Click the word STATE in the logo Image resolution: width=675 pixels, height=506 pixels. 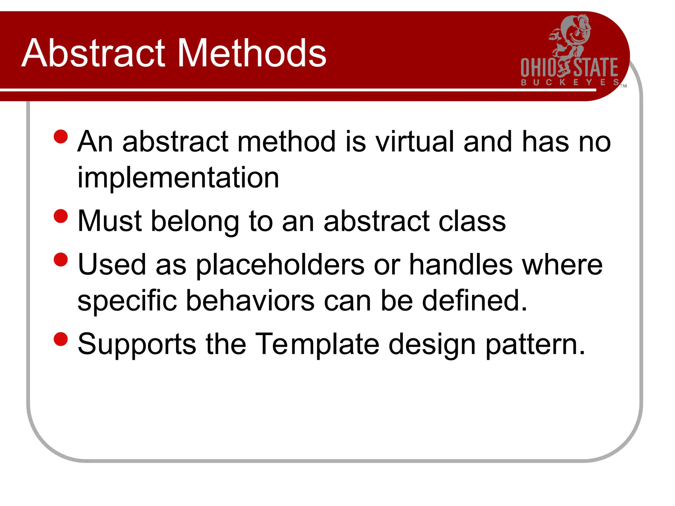(596, 68)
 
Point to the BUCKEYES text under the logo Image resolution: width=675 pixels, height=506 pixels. (570, 82)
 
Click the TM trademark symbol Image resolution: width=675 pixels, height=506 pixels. (623, 86)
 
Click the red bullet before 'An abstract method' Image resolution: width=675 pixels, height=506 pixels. (61, 136)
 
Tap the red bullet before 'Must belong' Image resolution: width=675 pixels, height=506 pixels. (61, 216)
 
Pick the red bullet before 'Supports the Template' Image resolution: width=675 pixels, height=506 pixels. (61, 339)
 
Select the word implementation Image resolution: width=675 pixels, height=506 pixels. (178, 178)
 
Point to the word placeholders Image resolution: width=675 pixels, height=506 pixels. (280, 265)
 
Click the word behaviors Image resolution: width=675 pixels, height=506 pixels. (250, 300)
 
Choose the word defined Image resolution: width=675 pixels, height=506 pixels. (475, 300)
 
